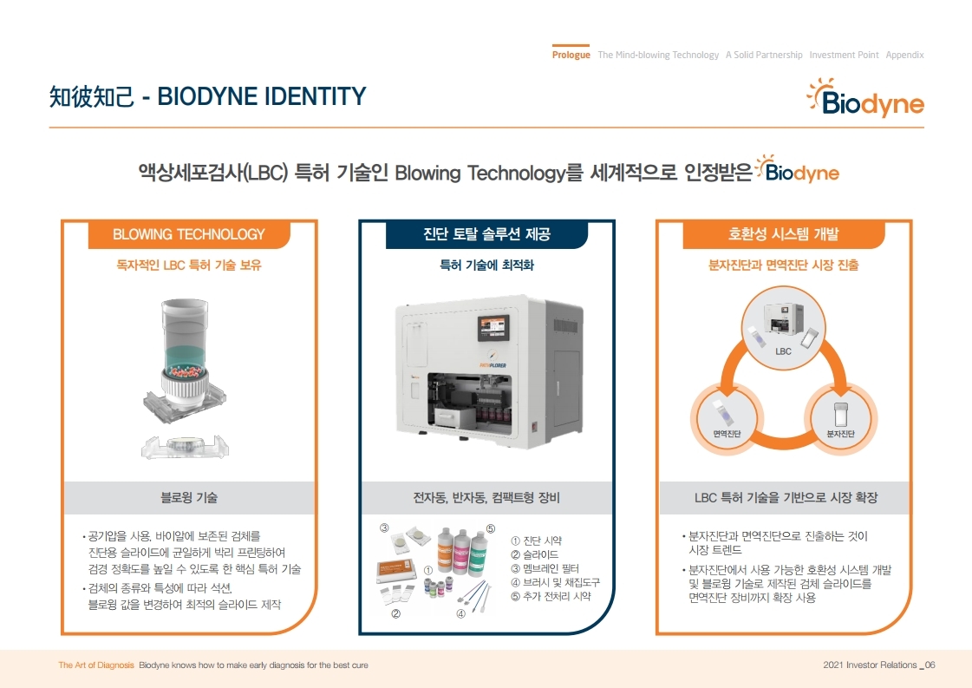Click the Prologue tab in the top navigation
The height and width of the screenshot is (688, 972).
click(571, 55)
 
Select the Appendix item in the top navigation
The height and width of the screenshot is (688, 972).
click(904, 55)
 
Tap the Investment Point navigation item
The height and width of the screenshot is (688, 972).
click(844, 55)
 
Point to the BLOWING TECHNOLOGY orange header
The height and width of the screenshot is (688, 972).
click(188, 234)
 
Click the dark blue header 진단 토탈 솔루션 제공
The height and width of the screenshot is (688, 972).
click(486, 234)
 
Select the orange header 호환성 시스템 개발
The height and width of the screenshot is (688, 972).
click(783, 234)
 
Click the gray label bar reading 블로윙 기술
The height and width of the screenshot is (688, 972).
click(188, 498)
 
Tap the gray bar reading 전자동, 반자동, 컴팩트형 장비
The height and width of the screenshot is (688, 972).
click(486, 498)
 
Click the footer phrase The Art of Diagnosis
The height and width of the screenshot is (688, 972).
click(95, 665)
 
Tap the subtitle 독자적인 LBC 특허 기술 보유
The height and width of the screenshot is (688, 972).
click(188, 265)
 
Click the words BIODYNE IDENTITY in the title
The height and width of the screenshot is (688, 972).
click(261, 95)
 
